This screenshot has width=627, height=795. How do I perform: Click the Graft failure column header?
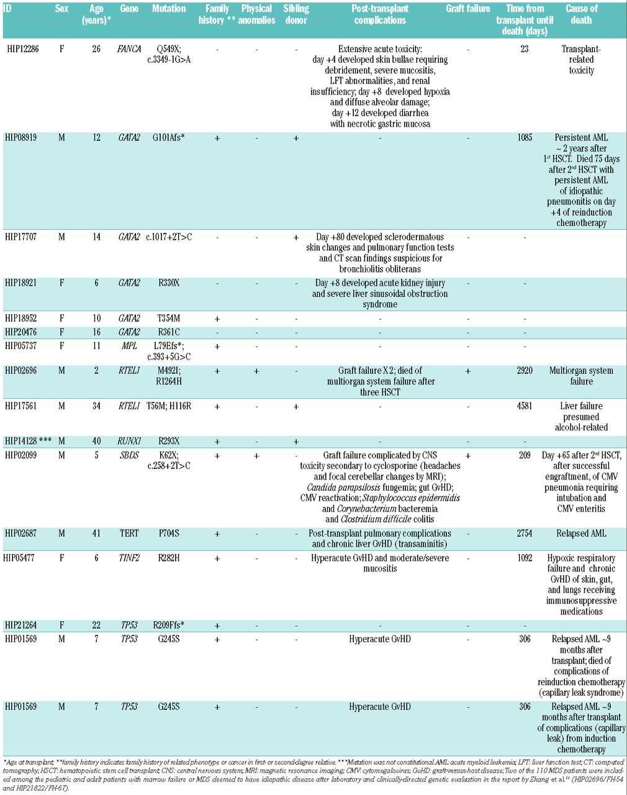tap(467, 9)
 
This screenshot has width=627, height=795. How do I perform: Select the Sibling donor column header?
tap(296, 14)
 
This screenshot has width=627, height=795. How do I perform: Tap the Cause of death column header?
tap(581, 14)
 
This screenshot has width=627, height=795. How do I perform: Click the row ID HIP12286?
tap(22, 48)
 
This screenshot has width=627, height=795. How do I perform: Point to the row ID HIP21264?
tap(22, 625)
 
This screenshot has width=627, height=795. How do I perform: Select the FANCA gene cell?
tap(129, 48)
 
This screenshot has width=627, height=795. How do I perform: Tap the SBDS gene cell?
tap(129, 455)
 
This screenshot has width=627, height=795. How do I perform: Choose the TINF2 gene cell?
tap(129, 558)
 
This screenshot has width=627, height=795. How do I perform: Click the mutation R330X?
tap(168, 283)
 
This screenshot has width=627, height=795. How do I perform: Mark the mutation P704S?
tap(168, 533)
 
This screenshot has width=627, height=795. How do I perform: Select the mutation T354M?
tap(168, 318)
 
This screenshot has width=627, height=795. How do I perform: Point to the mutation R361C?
tap(168, 332)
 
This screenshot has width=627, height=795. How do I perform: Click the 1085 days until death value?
tap(525, 137)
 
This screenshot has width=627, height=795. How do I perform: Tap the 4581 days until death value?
tap(525, 406)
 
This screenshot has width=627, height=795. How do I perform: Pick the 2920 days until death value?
tap(525, 371)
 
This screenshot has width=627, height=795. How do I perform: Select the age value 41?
tap(96, 533)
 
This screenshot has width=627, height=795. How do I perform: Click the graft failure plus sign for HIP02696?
tap(467, 371)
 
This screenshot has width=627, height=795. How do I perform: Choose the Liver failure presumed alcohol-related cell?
tap(581, 416)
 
